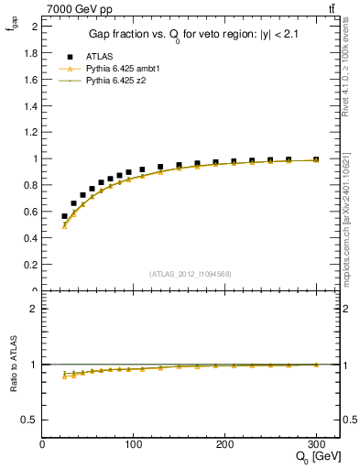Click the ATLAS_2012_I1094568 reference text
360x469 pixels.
(x=190, y=274)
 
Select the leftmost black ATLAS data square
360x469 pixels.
(x=64, y=216)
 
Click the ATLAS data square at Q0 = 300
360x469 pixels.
(x=316, y=159)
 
